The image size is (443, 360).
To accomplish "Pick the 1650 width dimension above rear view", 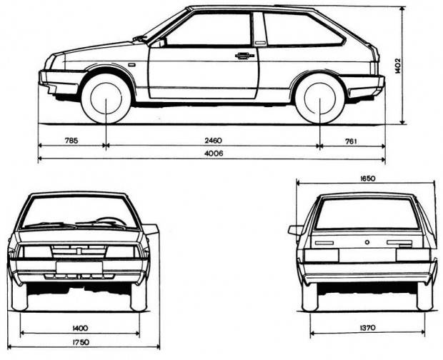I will click(x=368, y=179).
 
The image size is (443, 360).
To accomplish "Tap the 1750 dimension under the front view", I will click(x=80, y=343).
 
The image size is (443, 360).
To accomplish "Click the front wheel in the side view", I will click(x=106, y=99).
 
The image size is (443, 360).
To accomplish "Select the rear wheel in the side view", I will click(x=319, y=99).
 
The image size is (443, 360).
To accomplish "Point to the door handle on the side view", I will click(x=244, y=55).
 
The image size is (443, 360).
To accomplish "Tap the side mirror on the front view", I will click(x=150, y=229).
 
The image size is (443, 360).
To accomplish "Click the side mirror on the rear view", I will click(x=295, y=230).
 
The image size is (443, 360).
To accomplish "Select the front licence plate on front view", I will click(x=79, y=267).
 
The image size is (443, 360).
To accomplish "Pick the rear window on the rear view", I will click(x=366, y=214).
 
